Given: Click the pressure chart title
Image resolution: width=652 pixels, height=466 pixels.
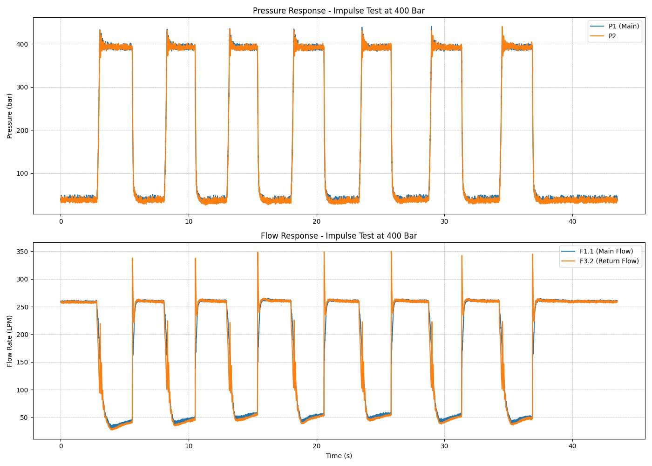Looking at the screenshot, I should (x=339, y=11).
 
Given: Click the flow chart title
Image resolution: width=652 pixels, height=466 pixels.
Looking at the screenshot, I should (x=339, y=236).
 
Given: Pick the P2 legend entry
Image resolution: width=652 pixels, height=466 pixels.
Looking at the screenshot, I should (x=612, y=36).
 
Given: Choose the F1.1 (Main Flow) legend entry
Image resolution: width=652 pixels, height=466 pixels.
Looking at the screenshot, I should (x=606, y=251).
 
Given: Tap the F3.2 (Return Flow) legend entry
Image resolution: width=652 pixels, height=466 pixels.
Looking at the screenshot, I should (x=609, y=261).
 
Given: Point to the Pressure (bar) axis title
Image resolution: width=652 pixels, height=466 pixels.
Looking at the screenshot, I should (x=10, y=116).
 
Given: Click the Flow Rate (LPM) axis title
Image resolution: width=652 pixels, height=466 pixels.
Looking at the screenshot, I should (x=10, y=341).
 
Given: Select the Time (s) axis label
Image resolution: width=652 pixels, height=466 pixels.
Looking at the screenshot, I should (x=339, y=456).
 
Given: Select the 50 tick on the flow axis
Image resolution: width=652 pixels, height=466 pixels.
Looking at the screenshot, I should (x=23, y=418).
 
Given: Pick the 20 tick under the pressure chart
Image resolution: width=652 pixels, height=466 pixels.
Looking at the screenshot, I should (x=316, y=221).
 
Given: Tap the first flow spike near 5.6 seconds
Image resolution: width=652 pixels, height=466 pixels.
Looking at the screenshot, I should (x=132, y=259).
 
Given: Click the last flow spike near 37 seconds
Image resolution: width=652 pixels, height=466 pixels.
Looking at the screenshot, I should (x=532, y=255).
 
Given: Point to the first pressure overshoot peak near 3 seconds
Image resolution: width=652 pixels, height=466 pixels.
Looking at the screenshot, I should (x=100, y=31).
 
